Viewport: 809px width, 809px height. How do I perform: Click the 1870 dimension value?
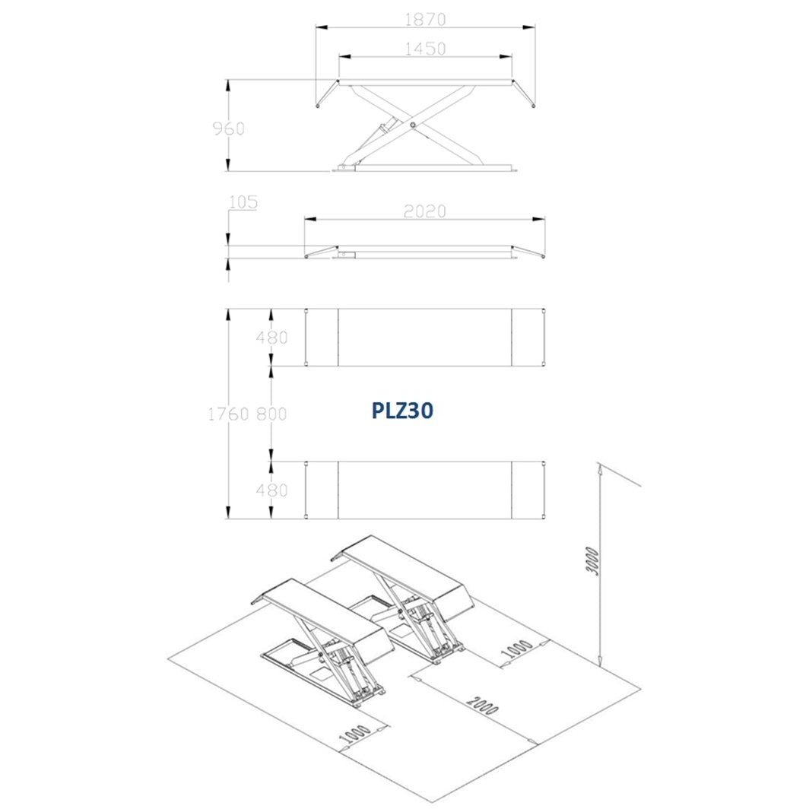pyautogui.click(x=424, y=19)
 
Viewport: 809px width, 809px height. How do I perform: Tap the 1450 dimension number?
pyautogui.click(x=424, y=49)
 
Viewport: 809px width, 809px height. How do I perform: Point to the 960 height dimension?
pyautogui.click(x=229, y=128)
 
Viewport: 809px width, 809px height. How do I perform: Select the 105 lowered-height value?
pyautogui.click(x=243, y=201)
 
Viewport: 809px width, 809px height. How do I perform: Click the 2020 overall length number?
pyautogui.click(x=424, y=211)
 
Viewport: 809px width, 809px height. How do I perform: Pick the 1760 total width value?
pyautogui.click(x=229, y=414)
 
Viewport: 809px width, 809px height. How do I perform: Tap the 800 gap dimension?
pyautogui.click(x=271, y=414)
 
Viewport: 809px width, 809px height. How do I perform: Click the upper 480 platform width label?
pyautogui.click(x=271, y=338)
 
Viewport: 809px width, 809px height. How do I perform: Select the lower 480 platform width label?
pyautogui.click(x=271, y=490)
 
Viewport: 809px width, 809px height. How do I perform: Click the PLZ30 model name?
pyautogui.click(x=402, y=411)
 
